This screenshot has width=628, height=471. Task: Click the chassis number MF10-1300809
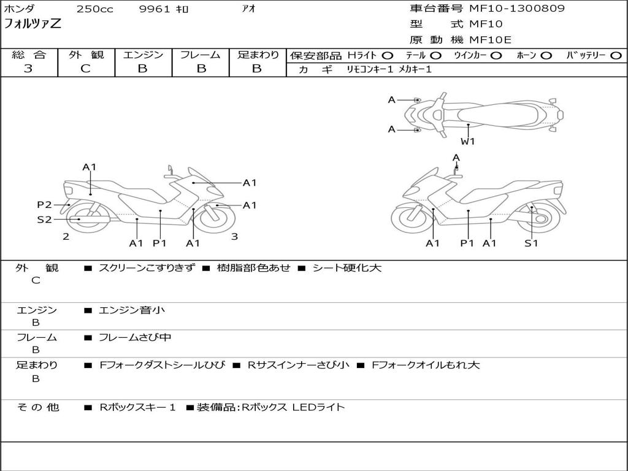[517, 9]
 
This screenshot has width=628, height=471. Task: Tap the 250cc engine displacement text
[94, 9]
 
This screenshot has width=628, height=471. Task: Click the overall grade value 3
[28, 69]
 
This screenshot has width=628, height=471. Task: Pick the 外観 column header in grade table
[86, 55]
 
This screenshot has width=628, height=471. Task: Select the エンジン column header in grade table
[143, 55]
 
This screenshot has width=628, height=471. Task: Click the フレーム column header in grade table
[201, 55]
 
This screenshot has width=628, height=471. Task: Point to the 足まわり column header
[258, 55]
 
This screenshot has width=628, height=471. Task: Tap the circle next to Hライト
[388, 55]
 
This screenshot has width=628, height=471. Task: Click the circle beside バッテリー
[616, 55]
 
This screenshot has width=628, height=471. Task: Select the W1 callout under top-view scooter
[468, 141]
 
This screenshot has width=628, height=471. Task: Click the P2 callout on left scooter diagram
[44, 205]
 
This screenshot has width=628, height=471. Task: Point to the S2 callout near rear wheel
[44, 219]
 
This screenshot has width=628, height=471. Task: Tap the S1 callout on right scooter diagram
[531, 243]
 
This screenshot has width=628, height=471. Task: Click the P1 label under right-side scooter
[468, 243]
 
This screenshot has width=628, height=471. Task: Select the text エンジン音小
[132, 310]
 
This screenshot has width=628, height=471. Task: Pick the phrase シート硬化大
[347, 268]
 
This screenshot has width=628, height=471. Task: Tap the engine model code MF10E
[491, 40]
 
